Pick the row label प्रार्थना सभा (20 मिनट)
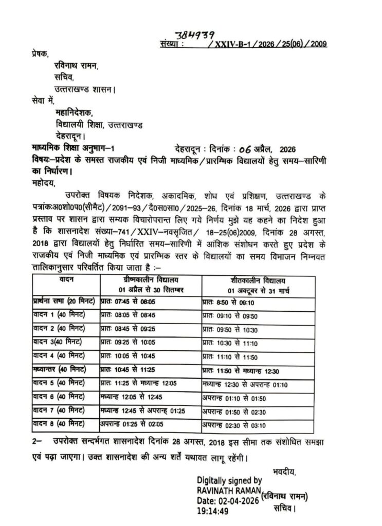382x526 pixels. [64, 302]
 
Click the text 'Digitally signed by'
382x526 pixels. [229, 480]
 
